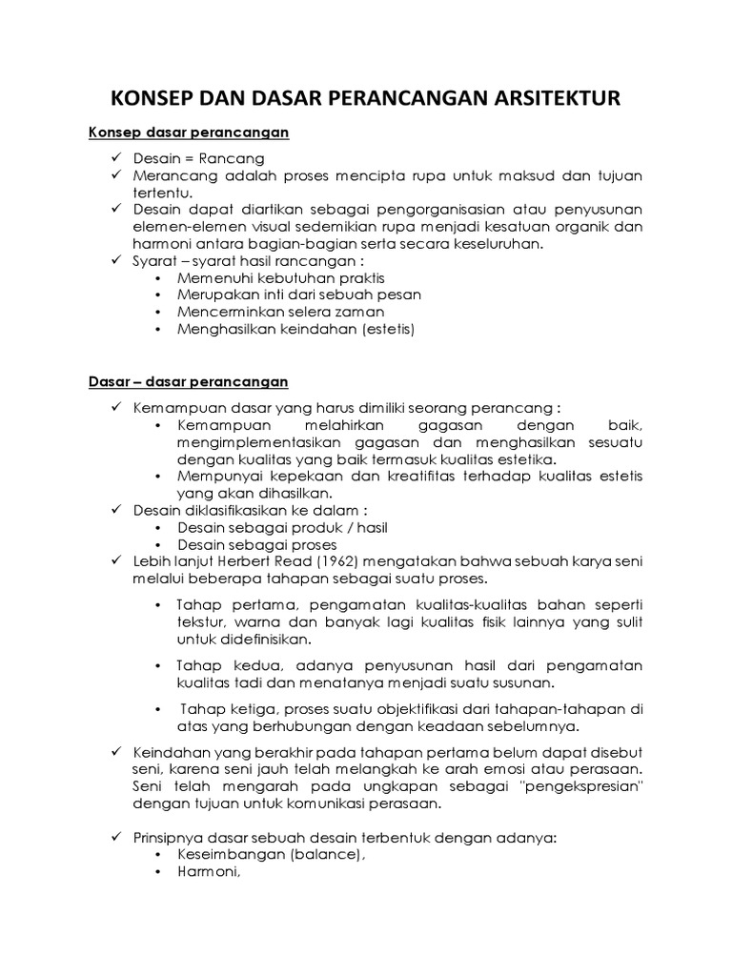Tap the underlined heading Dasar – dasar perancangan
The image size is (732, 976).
(x=182, y=382)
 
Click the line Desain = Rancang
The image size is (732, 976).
(x=199, y=158)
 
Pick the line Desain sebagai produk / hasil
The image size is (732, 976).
(x=282, y=527)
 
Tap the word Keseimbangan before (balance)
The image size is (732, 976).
(x=237, y=855)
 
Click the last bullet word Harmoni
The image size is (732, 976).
(x=207, y=872)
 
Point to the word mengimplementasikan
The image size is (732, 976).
(x=250, y=443)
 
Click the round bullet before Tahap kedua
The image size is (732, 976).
(x=157, y=665)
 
